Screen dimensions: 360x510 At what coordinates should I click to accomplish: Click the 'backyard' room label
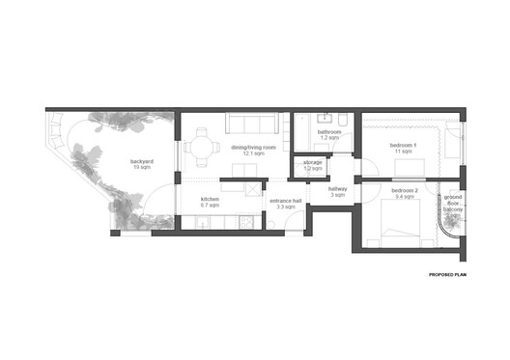[142, 161]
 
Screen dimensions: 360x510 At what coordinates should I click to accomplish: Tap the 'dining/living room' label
[253, 146]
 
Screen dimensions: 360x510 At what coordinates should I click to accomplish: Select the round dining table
[202, 148]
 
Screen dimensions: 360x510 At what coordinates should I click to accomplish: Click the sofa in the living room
[252, 125]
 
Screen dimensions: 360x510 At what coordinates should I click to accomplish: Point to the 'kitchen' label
[210, 199]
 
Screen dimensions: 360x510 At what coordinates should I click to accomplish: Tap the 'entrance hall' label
[286, 200]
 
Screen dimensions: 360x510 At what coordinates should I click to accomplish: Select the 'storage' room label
[313, 162]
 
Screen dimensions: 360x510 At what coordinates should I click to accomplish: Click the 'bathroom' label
[329, 132]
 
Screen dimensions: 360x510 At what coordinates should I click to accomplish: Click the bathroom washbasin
[325, 120]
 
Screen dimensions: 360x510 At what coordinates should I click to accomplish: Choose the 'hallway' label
[338, 189]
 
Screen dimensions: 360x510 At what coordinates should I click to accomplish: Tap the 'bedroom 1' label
[404, 145]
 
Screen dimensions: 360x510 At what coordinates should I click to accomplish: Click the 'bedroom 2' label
[405, 190]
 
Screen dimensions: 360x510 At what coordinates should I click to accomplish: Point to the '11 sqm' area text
[404, 152]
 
